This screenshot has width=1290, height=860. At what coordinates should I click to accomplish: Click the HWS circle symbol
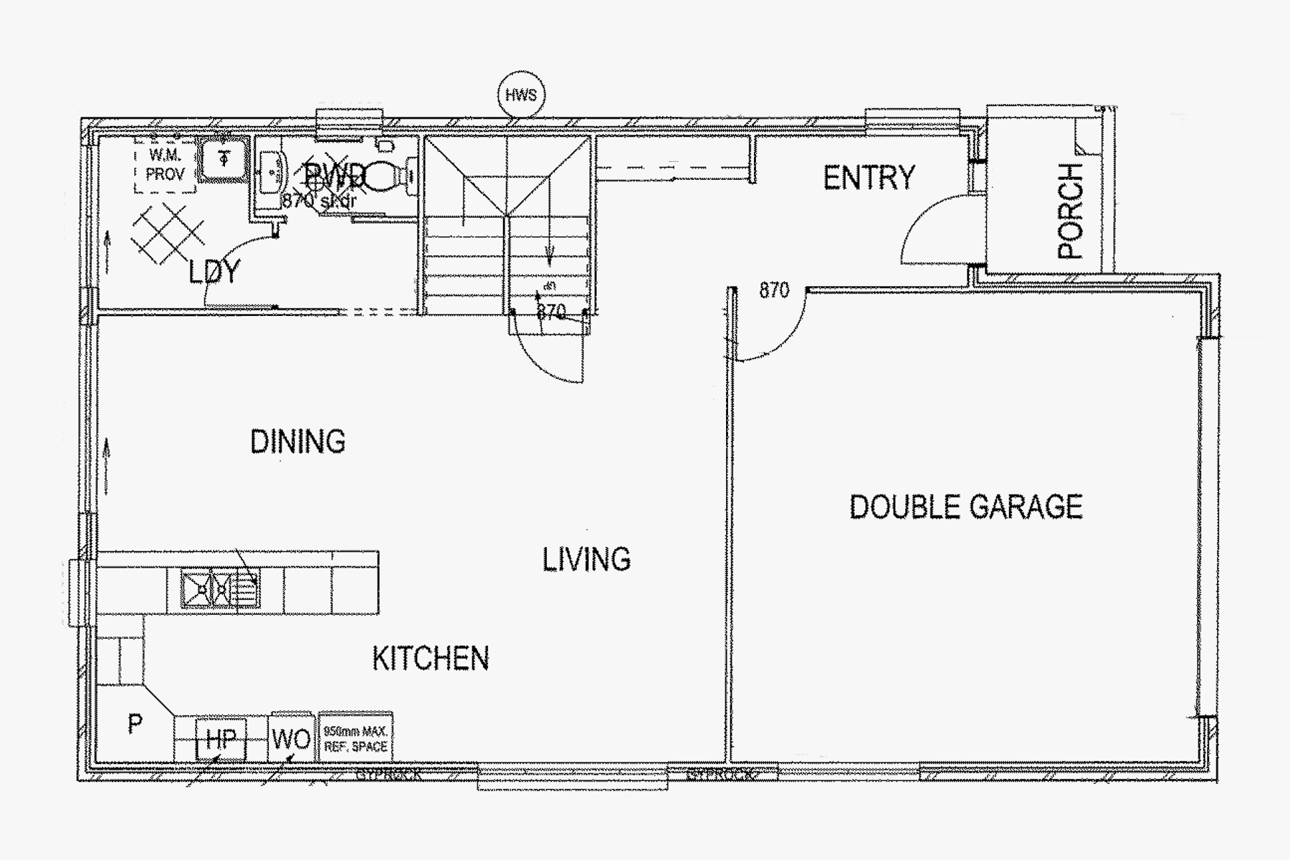(521, 95)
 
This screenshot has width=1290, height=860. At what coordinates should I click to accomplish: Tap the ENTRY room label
(869, 178)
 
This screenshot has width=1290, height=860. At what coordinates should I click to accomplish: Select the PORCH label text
(1070, 211)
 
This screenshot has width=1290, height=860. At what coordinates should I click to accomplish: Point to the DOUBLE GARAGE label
(965, 507)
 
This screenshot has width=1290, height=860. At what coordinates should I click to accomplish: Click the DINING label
(297, 441)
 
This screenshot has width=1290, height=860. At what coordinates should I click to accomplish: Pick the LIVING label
(586, 560)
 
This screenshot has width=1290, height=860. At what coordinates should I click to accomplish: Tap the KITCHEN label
(431, 659)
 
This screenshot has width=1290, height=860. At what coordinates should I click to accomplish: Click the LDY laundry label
(214, 272)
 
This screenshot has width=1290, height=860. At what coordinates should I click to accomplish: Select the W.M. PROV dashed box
(165, 166)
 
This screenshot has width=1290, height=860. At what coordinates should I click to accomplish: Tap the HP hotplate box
(221, 739)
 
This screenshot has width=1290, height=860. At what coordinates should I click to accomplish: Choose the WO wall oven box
(291, 739)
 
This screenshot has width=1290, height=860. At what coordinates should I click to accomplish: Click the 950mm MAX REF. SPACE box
(355, 739)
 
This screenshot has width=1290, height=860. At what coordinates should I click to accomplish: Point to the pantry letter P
(135, 725)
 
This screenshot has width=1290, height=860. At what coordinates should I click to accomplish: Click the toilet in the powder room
(391, 176)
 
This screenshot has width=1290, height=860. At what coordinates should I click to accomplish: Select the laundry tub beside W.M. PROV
(224, 159)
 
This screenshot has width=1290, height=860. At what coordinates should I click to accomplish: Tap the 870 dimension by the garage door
(774, 290)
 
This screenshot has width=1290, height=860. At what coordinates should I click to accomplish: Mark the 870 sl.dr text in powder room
(318, 201)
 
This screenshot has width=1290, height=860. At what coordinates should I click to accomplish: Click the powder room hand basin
(272, 172)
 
